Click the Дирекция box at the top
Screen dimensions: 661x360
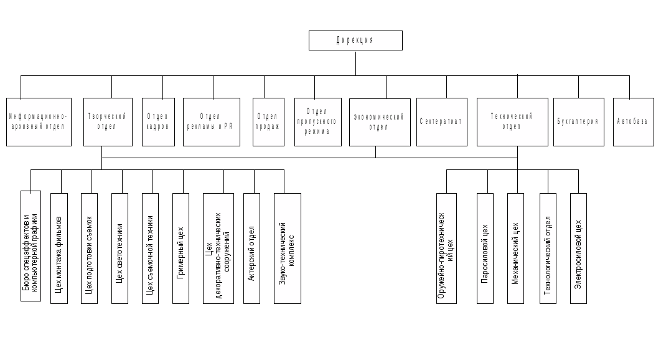355,40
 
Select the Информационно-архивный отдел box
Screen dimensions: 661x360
39,121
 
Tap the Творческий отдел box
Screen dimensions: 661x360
108,121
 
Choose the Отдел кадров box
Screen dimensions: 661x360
158,121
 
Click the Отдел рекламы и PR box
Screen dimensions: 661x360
212,121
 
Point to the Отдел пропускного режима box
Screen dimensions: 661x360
318,121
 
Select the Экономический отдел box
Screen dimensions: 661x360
380,121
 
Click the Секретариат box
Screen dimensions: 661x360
442,121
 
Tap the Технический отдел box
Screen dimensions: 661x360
512,121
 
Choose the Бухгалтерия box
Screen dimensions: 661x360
579,121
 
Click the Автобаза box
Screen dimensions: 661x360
634,121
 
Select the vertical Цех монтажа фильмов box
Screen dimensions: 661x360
59,248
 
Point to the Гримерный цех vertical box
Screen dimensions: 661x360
180,248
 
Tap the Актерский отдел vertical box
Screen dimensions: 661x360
251,248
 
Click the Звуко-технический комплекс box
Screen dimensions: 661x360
287,248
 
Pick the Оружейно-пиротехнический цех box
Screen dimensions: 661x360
446,248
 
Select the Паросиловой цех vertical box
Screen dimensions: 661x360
485,248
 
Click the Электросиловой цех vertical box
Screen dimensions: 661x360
578,248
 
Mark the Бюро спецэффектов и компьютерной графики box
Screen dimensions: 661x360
30,246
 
